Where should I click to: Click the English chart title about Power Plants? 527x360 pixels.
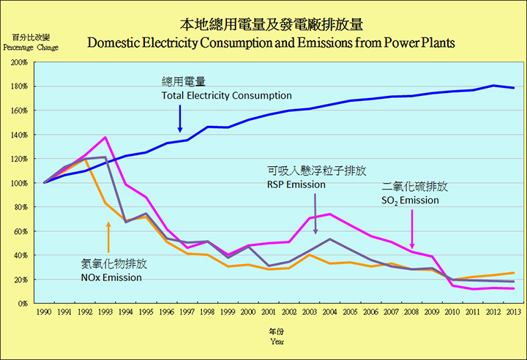(271, 42)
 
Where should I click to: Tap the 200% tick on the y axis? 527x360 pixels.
(20, 62)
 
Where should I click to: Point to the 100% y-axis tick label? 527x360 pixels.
(20, 183)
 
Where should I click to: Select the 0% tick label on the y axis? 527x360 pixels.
(23, 303)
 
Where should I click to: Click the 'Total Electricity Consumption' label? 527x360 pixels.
(226, 96)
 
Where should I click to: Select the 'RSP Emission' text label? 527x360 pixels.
(296, 185)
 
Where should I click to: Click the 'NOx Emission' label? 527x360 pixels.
(112, 277)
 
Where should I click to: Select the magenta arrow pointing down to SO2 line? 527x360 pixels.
(414, 228)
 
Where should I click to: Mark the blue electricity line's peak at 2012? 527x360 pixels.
(493, 86)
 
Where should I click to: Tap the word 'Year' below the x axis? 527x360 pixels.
(276, 341)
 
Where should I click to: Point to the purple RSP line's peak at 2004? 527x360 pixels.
(331, 239)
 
